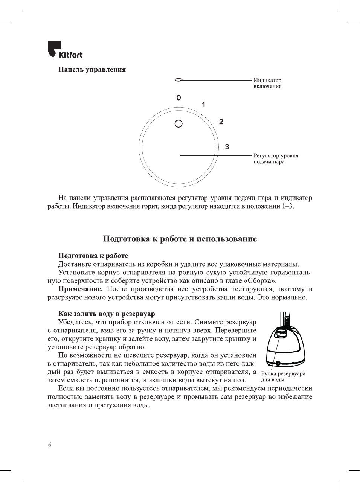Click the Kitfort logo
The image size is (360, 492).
point(65,50)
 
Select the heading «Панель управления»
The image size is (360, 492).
point(92,69)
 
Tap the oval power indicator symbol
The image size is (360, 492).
point(178,80)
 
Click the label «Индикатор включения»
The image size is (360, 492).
point(267,83)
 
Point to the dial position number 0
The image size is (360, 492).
point(178,98)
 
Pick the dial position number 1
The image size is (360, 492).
point(204,105)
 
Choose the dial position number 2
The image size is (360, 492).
point(221,122)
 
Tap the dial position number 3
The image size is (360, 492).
point(227,147)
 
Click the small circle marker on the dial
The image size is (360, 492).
point(178,123)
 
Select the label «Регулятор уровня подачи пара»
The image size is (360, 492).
point(276,158)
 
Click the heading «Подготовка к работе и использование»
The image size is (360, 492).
point(180,239)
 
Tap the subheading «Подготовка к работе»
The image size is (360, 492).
point(93,256)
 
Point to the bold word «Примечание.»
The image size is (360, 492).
point(80,289)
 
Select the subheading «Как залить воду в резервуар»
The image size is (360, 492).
point(107,314)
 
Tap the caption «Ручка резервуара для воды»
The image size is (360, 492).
point(283,376)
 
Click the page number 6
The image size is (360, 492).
point(50,445)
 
